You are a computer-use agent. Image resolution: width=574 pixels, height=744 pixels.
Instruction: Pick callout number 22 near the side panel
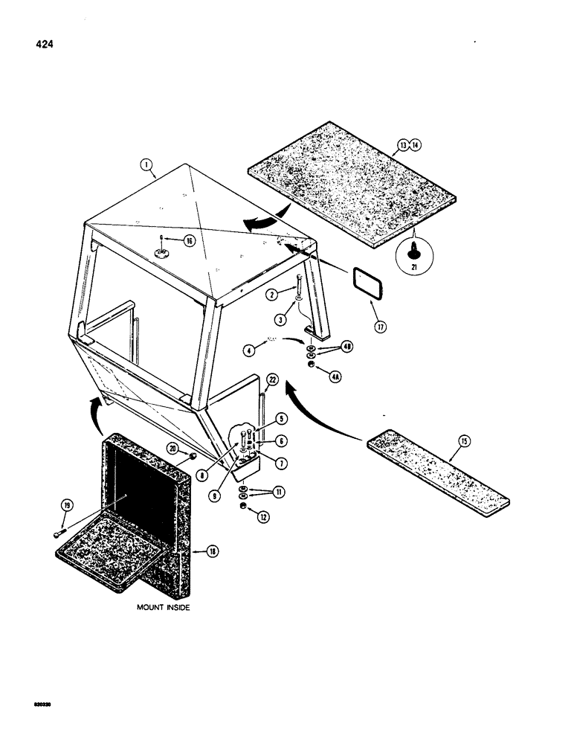click(x=272, y=380)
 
